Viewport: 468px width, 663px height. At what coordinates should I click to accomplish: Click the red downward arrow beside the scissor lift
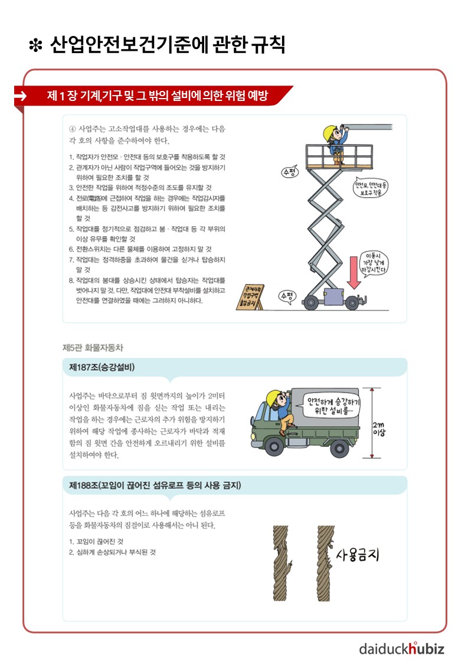click(354, 272)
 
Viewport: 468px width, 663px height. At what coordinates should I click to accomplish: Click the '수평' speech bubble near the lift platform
click(290, 172)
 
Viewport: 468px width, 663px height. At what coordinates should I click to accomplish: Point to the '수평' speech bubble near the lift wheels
click(287, 296)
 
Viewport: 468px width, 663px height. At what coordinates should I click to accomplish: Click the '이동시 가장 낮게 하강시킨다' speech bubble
click(373, 263)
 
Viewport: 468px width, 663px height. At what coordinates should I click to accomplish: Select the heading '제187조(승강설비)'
click(102, 367)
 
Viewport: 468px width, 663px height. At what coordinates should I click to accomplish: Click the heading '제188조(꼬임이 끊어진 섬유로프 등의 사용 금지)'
click(155, 485)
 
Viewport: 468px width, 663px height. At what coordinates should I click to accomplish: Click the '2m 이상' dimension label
click(379, 429)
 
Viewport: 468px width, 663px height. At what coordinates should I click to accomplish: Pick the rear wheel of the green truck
click(339, 448)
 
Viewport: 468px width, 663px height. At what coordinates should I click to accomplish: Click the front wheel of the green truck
click(274, 447)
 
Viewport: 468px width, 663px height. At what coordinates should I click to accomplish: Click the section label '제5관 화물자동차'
click(93, 348)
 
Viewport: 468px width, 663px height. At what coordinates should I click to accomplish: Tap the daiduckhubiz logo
click(402, 648)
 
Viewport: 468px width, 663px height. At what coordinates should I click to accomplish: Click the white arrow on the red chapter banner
click(20, 96)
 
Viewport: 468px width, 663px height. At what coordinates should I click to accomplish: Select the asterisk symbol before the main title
click(36, 45)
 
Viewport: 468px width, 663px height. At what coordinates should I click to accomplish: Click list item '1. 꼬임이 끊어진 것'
click(96, 541)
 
